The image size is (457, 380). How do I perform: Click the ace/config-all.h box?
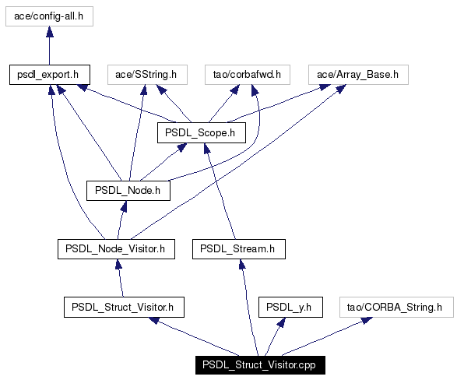49,16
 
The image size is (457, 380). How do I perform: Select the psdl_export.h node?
50,75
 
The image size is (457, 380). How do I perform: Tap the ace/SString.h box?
147,75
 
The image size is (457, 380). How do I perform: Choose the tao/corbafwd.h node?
248,75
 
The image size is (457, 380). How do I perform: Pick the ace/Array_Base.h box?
358,75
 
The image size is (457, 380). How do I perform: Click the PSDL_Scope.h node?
202,132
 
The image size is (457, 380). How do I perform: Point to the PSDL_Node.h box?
128,190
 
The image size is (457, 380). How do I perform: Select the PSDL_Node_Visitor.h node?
116,249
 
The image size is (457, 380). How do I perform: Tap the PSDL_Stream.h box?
239,249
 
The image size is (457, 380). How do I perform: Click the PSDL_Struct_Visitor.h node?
124,307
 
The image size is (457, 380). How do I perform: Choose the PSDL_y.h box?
290,307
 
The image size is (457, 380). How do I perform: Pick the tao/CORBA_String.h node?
396,307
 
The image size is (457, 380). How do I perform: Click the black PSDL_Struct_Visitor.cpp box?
260,365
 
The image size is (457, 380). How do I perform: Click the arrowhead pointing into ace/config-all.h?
50,31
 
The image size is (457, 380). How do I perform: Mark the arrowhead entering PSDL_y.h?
282,322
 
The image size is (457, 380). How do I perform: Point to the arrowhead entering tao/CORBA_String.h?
367,320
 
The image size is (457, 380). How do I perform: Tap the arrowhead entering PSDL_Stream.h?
242,264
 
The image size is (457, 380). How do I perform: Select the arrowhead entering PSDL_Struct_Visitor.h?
154,320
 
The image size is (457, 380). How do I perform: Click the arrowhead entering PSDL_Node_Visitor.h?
118,264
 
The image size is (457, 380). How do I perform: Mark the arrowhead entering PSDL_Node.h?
124,206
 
